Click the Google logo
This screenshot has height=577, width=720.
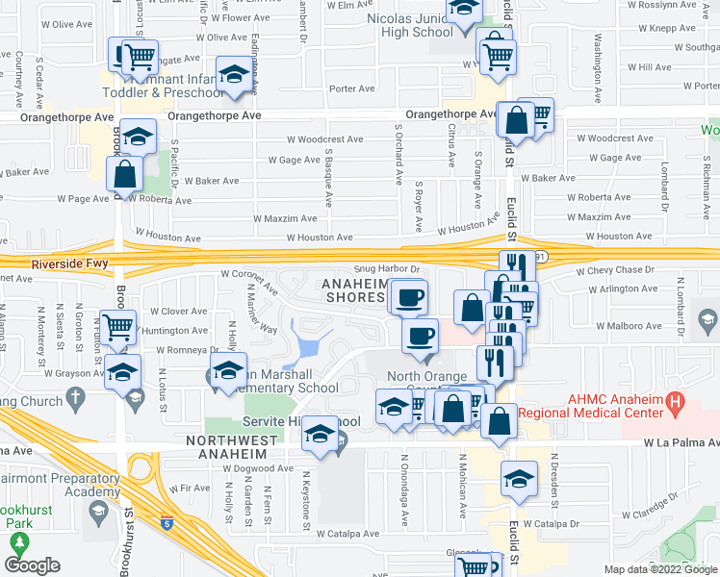pos(32,565)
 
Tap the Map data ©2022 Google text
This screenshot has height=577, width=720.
pos(660,569)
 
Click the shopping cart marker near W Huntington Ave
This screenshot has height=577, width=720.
pos(117,326)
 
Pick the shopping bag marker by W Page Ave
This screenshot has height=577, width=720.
pos(125,174)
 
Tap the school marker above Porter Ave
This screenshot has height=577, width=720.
pos(234,76)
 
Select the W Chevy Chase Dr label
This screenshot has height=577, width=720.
pos(619,271)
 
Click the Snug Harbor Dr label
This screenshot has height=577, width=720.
pos(388,270)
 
